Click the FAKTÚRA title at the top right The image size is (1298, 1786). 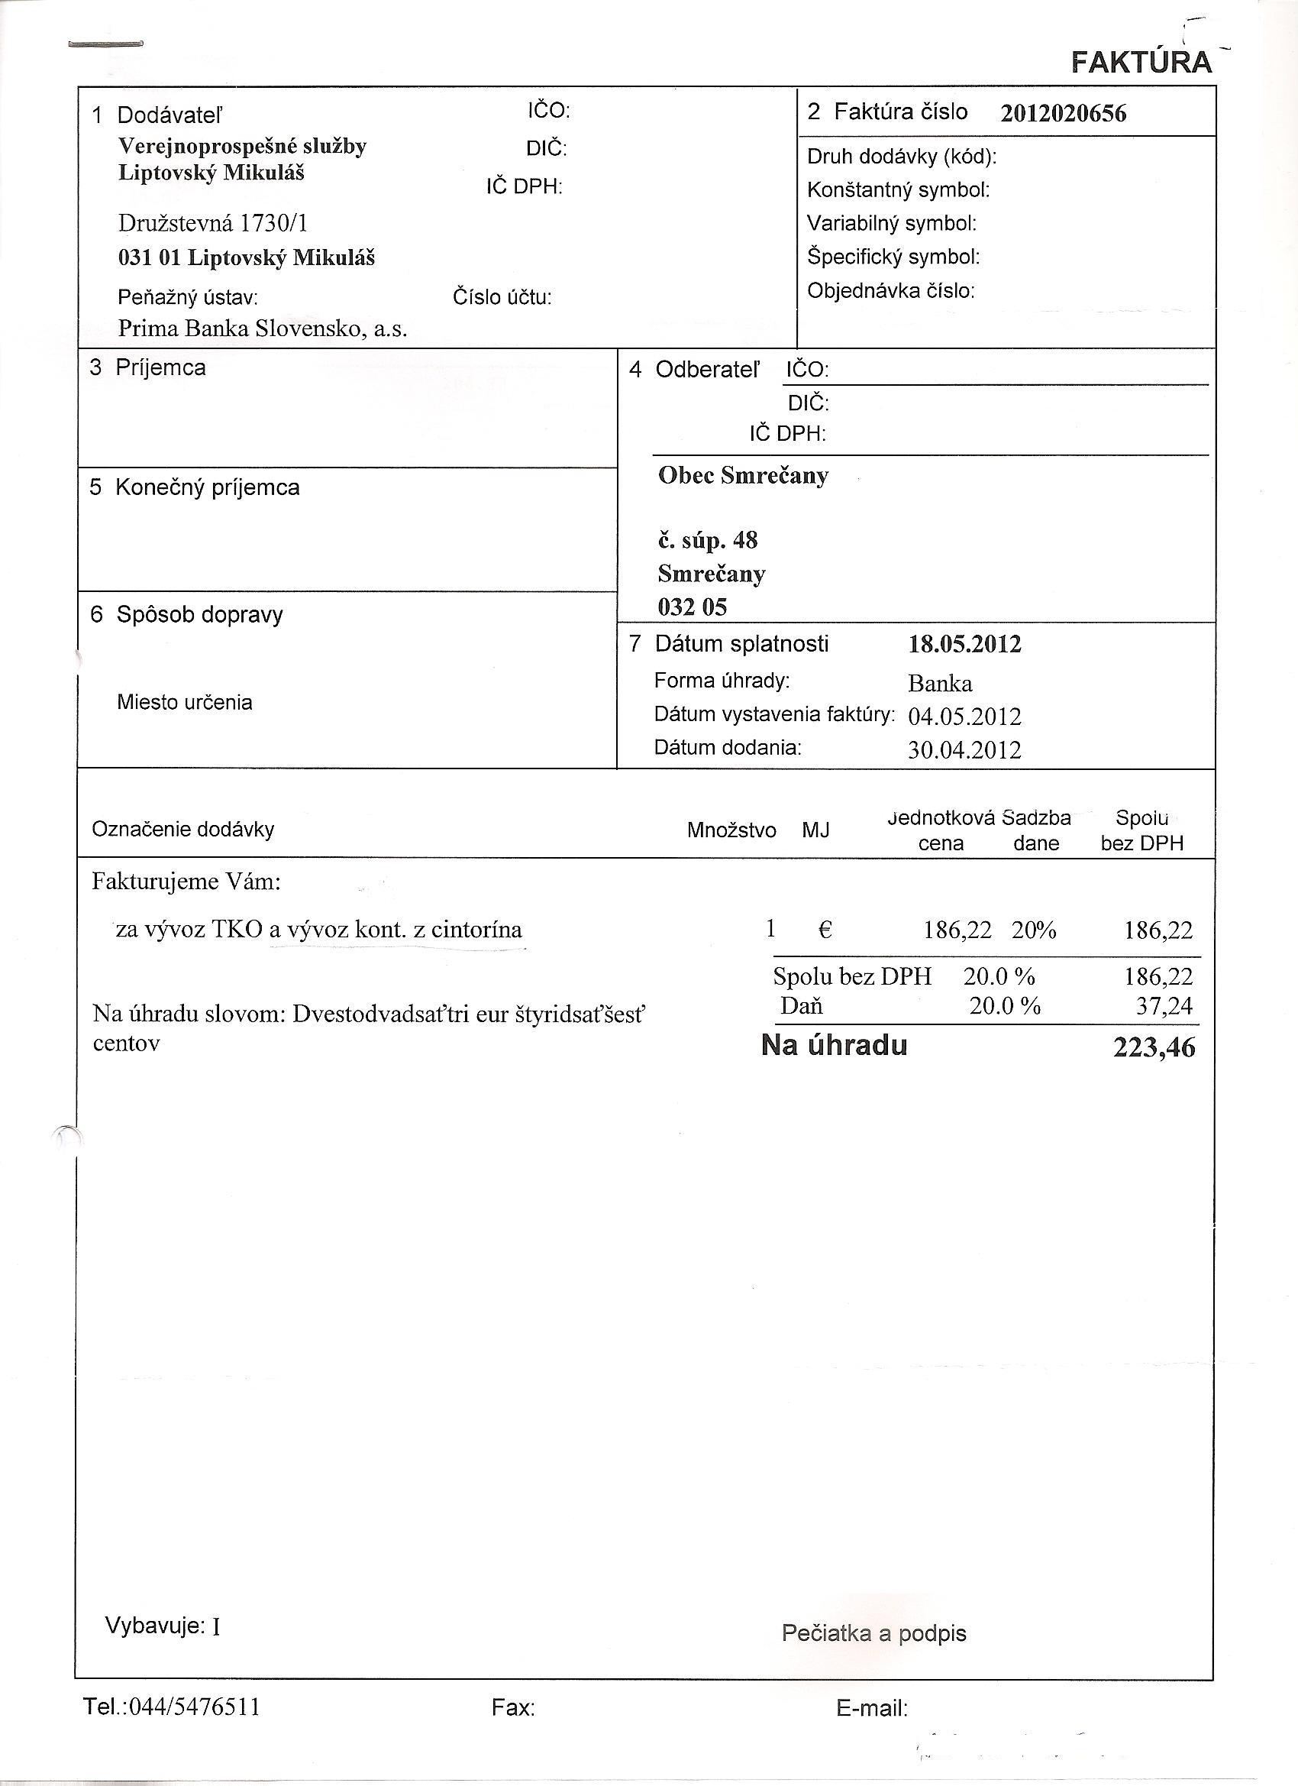tap(1141, 62)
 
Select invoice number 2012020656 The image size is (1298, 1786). tap(1063, 113)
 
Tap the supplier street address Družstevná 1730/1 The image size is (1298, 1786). tap(212, 224)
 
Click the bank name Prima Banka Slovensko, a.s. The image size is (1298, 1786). tap(262, 328)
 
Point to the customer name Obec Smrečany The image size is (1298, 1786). tap(743, 476)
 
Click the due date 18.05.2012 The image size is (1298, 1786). tap(964, 644)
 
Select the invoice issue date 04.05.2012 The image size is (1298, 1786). tap(964, 717)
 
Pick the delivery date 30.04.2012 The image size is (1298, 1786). tap(964, 749)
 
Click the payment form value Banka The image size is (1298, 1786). tap(940, 683)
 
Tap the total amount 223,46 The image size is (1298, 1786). tap(1154, 1047)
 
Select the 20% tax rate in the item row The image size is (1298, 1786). tap(1034, 930)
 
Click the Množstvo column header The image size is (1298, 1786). tap(731, 830)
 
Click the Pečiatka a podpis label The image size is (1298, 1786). tap(873, 1633)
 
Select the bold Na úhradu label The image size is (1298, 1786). tap(835, 1045)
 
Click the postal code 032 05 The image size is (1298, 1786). tap(692, 607)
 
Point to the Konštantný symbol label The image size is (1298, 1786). tap(898, 189)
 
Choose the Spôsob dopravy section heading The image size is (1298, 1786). tap(199, 614)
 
